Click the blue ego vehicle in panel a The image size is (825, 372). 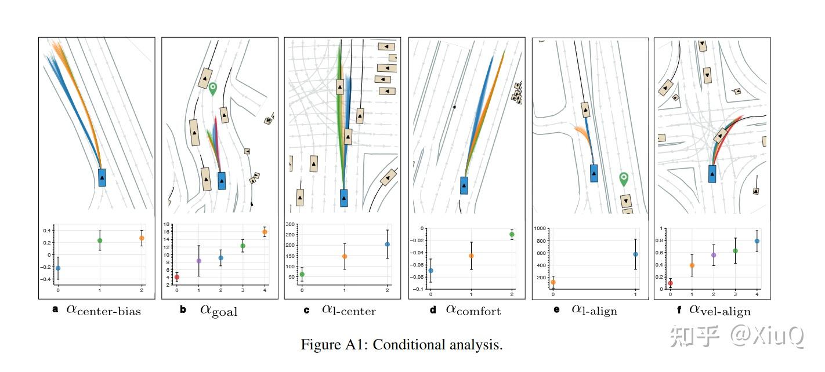pyautogui.click(x=102, y=177)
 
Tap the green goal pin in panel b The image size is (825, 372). pyautogui.click(x=213, y=89)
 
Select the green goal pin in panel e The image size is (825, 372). pyautogui.click(x=624, y=178)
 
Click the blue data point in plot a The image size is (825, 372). pyautogui.click(x=58, y=268)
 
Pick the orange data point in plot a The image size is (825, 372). pyautogui.click(x=142, y=238)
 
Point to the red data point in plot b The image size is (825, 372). pyautogui.click(x=177, y=278)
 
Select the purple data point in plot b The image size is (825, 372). pyautogui.click(x=199, y=261)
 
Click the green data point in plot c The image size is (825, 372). pyautogui.click(x=302, y=274)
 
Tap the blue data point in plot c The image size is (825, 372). pyautogui.click(x=387, y=244)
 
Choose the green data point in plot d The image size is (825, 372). pyautogui.click(x=512, y=235)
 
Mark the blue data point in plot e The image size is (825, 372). pyautogui.click(x=636, y=254)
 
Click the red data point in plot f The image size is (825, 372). pyautogui.click(x=671, y=283)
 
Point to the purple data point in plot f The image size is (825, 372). pyautogui.click(x=714, y=255)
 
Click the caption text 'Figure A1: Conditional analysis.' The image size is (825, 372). pyautogui.click(x=401, y=345)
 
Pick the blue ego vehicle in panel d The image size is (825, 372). pyautogui.click(x=464, y=185)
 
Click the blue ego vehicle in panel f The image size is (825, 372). pyautogui.click(x=712, y=173)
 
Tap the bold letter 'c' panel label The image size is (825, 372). pyautogui.click(x=306, y=310)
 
